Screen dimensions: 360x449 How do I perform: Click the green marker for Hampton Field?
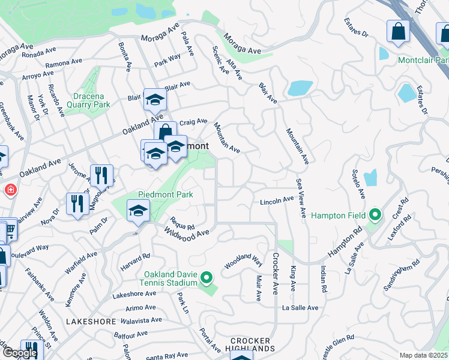tap(375, 214)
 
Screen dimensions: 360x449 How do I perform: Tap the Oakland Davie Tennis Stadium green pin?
tap(206, 277)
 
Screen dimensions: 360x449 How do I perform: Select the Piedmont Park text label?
tap(166, 194)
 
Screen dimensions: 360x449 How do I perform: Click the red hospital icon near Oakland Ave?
tap(10, 191)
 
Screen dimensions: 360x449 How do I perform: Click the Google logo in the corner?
tap(20, 353)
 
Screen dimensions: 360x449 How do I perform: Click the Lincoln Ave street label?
tap(276, 202)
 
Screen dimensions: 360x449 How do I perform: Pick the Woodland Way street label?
tap(244, 262)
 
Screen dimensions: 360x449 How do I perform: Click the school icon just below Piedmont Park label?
tap(138, 211)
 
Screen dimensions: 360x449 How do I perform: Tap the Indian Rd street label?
tap(323, 279)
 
